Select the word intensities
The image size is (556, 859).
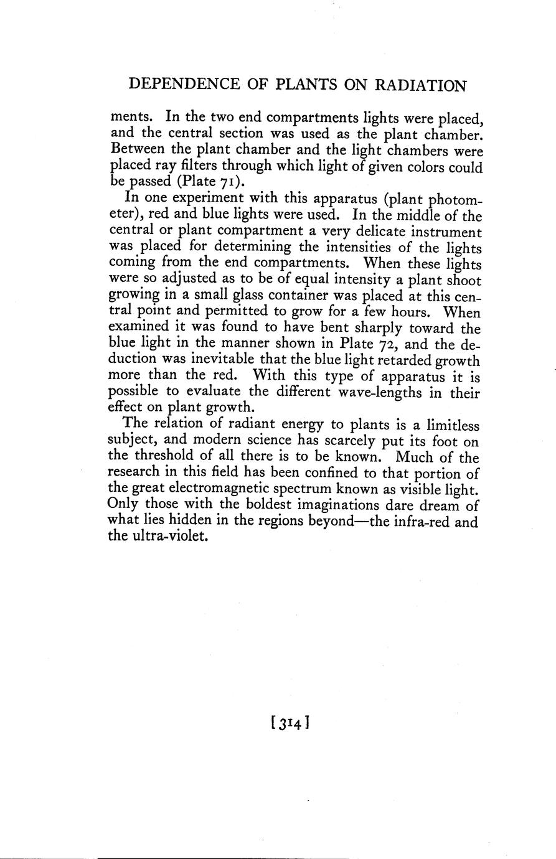353,247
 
